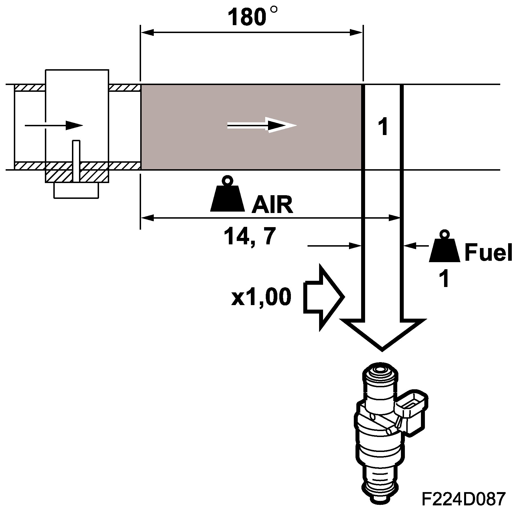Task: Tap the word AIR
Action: (x=272, y=205)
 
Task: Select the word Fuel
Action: (x=488, y=253)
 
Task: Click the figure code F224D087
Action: (x=463, y=499)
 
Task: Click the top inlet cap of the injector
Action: (x=380, y=373)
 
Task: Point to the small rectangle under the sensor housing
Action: (x=76, y=190)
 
